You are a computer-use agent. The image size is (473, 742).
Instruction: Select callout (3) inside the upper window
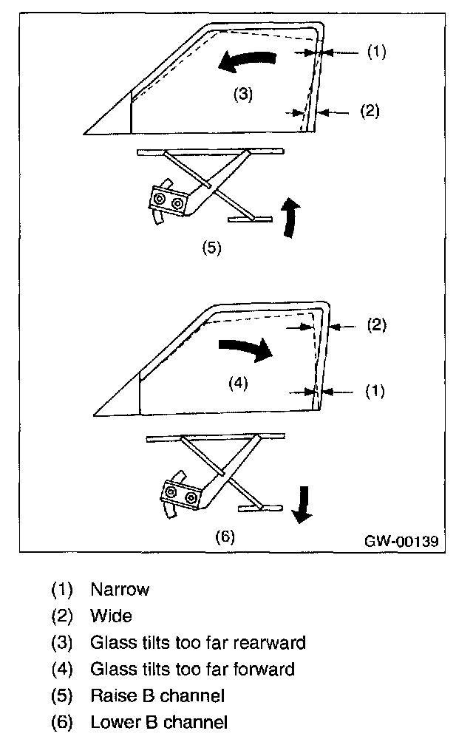(243, 95)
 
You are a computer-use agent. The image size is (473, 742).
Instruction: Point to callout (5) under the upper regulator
(211, 248)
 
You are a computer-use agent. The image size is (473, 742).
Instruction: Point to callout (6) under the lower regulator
(224, 537)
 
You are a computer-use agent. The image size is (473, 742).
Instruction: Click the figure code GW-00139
(401, 541)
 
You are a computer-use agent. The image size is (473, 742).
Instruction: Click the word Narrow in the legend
(119, 590)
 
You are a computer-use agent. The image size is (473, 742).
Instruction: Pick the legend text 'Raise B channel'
(157, 695)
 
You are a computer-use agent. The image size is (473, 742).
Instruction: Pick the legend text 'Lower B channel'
(158, 722)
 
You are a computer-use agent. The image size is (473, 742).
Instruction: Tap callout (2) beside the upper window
(369, 112)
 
